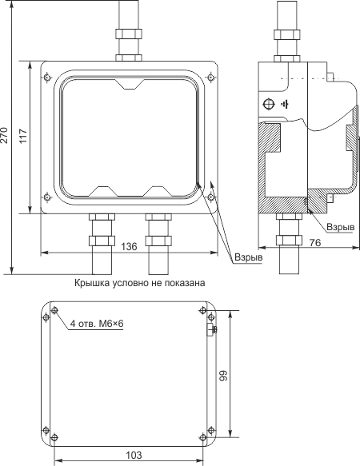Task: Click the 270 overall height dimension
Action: click(x=3, y=135)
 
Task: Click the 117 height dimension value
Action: click(x=23, y=136)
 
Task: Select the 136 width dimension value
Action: click(x=130, y=246)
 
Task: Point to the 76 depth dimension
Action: click(x=315, y=243)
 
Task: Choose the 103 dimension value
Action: click(x=134, y=455)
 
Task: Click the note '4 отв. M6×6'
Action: click(x=97, y=324)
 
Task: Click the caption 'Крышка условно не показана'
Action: click(x=139, y=283)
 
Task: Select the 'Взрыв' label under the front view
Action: click(x=249, y=257)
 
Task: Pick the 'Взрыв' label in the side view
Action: click(x=341, y=227)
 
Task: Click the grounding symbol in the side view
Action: click(x=284, y=105)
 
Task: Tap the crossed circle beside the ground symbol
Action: click(x=268, y=105)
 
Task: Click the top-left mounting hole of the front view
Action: click(x=47, y=78)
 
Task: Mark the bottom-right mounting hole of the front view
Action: click(x=210, y=197)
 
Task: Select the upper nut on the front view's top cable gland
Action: click(x=129, y=34)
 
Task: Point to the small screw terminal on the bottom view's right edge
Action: click(x=212, y=329)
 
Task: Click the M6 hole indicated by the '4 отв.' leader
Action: click(x=54, y=311)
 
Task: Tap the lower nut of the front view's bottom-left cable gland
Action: click(x=102, y=241)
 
